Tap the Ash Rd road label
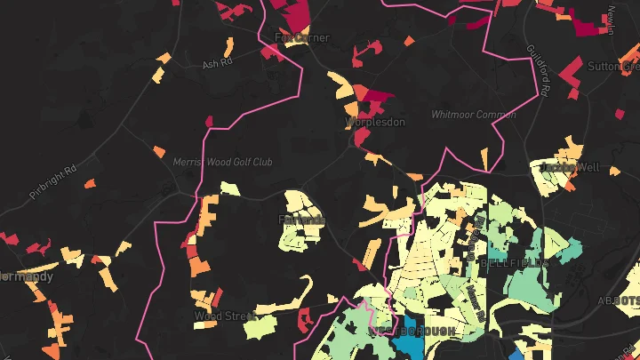[216, 65]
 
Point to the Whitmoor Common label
[473, 115]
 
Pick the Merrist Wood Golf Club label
[223, 162]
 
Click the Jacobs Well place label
[564, 166]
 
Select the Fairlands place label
[302, 220]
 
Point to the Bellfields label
[515, 263]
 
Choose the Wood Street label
[224, 316]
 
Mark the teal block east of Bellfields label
[562, 251]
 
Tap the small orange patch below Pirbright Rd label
[89, 184]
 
